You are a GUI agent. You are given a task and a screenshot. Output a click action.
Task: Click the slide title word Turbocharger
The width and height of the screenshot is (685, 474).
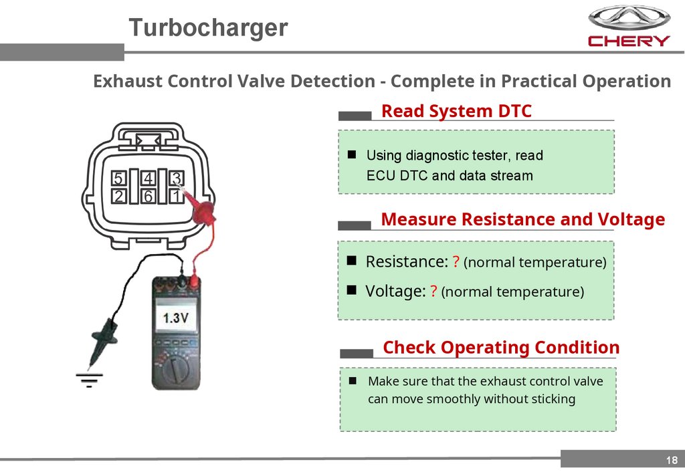coord(208,28)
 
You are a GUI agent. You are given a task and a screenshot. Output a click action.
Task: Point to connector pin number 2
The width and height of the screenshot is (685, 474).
coord(118,197)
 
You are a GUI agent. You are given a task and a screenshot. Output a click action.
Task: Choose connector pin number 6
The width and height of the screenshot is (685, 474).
coord(148,197)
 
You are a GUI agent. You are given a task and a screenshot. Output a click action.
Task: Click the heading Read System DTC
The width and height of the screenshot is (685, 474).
coord(456,112)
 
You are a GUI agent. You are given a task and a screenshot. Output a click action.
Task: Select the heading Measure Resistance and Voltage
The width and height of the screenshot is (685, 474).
coord(522,219)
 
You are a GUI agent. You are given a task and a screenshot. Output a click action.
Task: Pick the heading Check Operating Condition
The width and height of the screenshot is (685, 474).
coord(500,348)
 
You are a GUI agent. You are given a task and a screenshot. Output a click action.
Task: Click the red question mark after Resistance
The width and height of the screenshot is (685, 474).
coord(456,261)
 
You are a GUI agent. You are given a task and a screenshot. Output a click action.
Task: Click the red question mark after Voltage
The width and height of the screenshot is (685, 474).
coord(433,291)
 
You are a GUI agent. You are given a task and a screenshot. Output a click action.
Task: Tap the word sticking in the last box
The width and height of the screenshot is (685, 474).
coord(551,399)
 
